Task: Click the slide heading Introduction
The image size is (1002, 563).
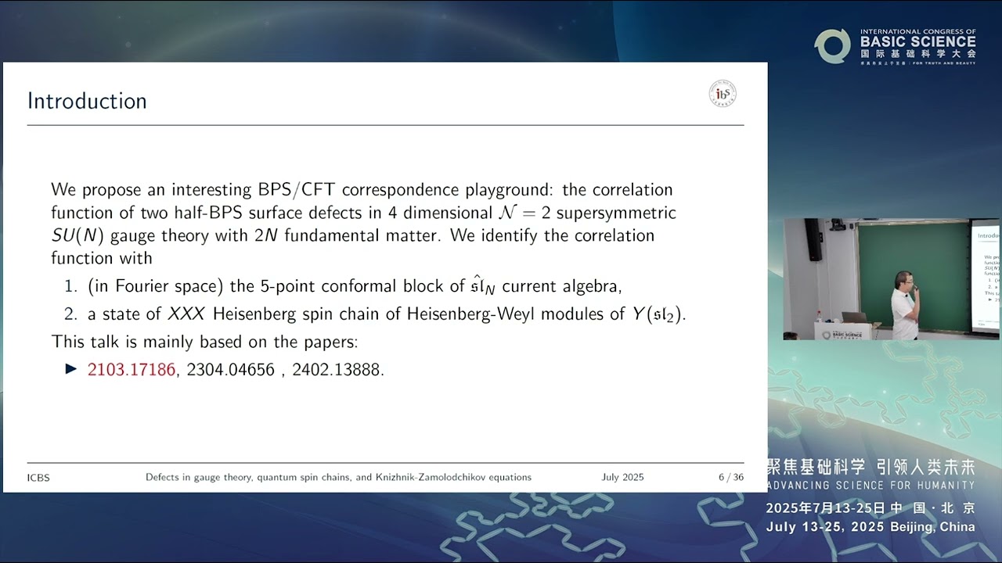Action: [87, 101]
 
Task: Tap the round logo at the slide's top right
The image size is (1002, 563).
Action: [722, 94]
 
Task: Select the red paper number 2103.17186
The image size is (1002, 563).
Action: [132, 370]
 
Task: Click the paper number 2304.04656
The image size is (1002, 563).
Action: [230, 370]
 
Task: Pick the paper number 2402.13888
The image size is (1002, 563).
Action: [337, 370]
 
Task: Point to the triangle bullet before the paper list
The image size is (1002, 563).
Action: [72, 369]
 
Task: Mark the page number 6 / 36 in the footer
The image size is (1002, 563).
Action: [730, 477]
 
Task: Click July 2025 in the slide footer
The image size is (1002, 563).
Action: [622, 477]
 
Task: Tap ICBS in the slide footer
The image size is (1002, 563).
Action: [38, 477]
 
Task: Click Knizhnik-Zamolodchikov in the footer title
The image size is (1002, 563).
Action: [453, 477]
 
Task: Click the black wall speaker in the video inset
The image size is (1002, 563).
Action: [813, 240]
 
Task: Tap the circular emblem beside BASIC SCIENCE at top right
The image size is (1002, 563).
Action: [831, 46]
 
